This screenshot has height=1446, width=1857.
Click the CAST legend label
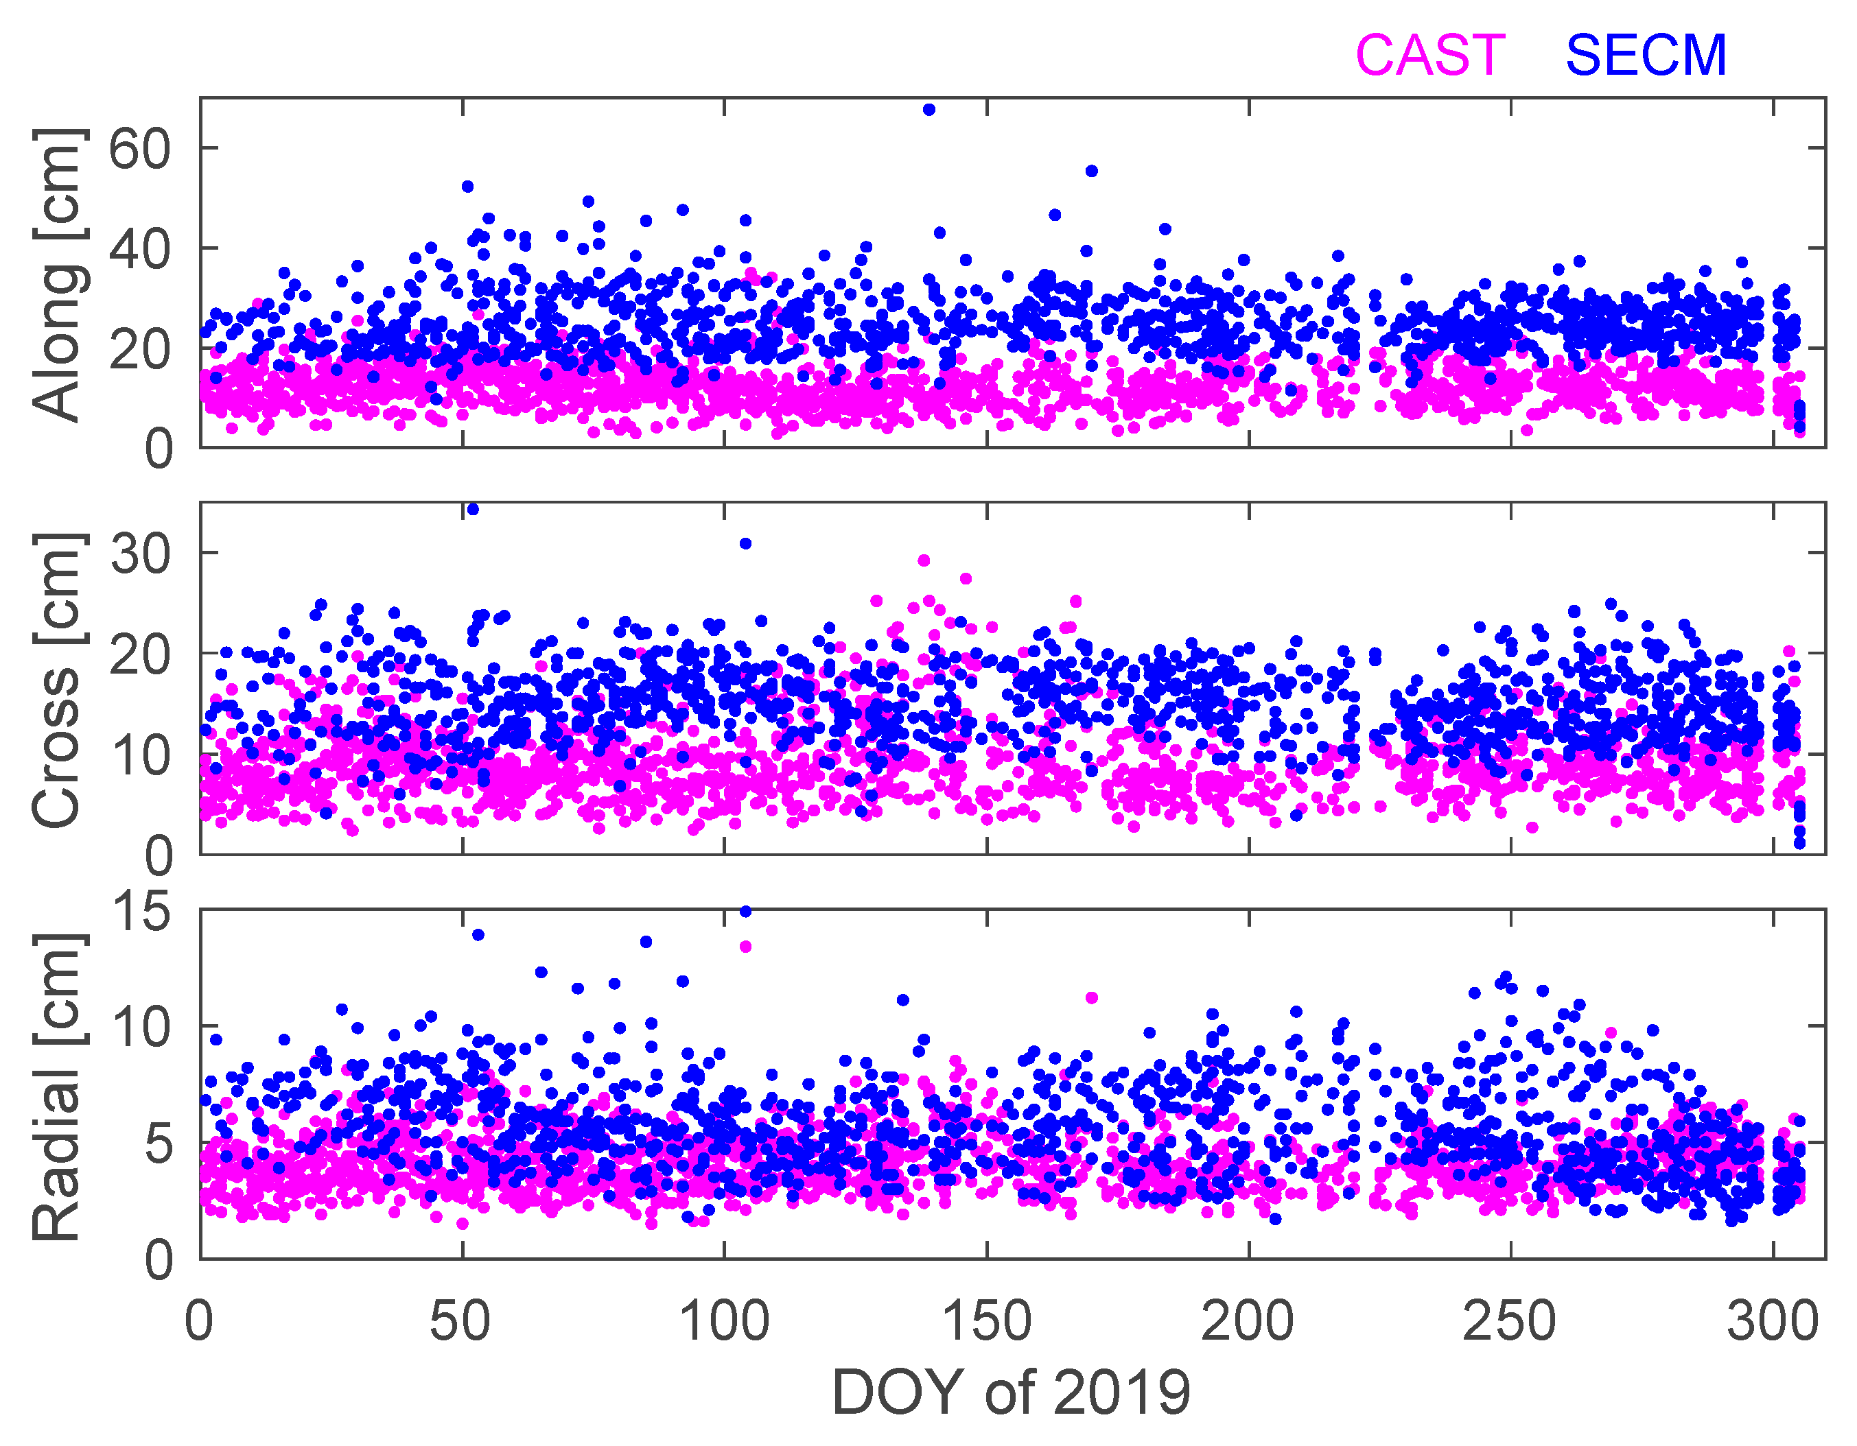tap(1430, 56)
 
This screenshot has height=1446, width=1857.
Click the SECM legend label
tap(1646, 56)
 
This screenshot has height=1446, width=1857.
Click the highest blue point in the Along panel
tap(928, 110)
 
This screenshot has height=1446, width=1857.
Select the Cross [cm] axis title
tap(57, 680)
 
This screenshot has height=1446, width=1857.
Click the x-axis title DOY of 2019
tap(1011, 1392)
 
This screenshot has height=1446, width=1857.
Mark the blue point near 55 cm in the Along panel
tap(1092, 171)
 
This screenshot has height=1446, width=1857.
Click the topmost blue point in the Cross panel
tap(473, 509)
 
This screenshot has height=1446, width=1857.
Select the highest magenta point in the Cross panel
tap(924, 560)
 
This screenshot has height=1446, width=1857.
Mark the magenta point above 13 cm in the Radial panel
tap(746, 946)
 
